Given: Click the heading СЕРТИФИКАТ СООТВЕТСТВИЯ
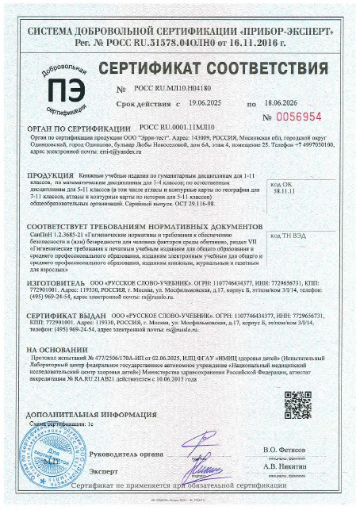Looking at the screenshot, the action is coord(209,63).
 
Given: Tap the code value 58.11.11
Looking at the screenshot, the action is coord(303,191).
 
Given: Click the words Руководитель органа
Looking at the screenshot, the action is coord(127,454).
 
